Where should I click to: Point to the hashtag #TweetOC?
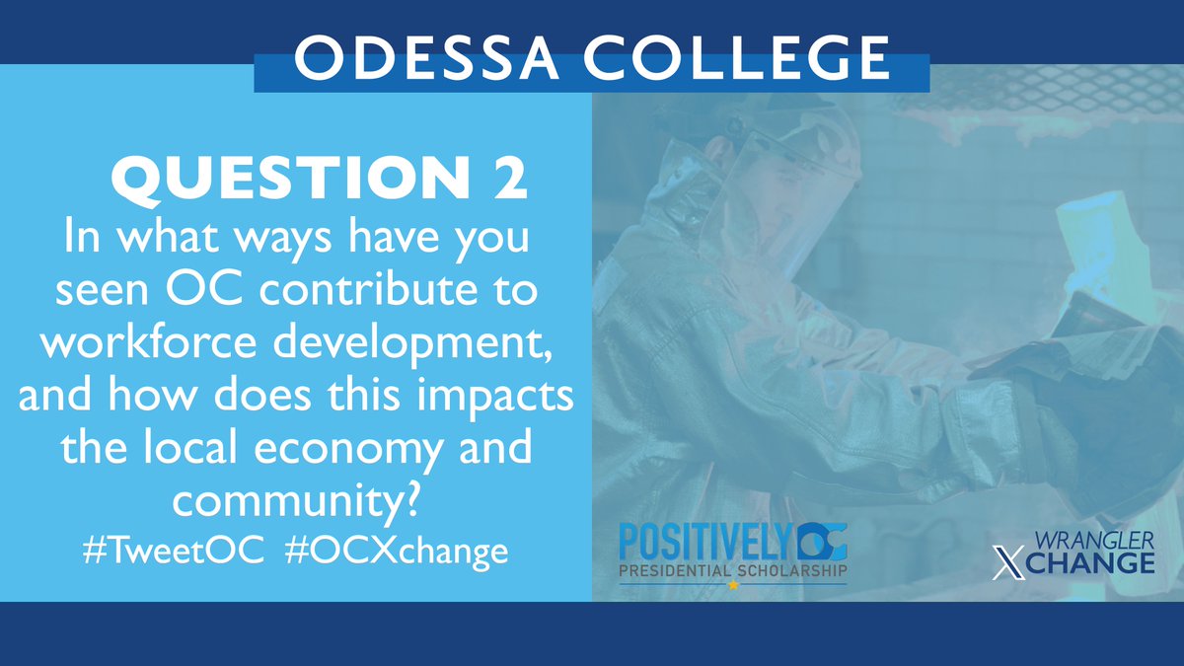174,549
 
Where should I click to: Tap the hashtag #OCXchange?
396,549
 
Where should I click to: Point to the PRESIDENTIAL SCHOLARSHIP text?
732,572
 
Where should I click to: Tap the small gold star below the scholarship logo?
733,585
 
